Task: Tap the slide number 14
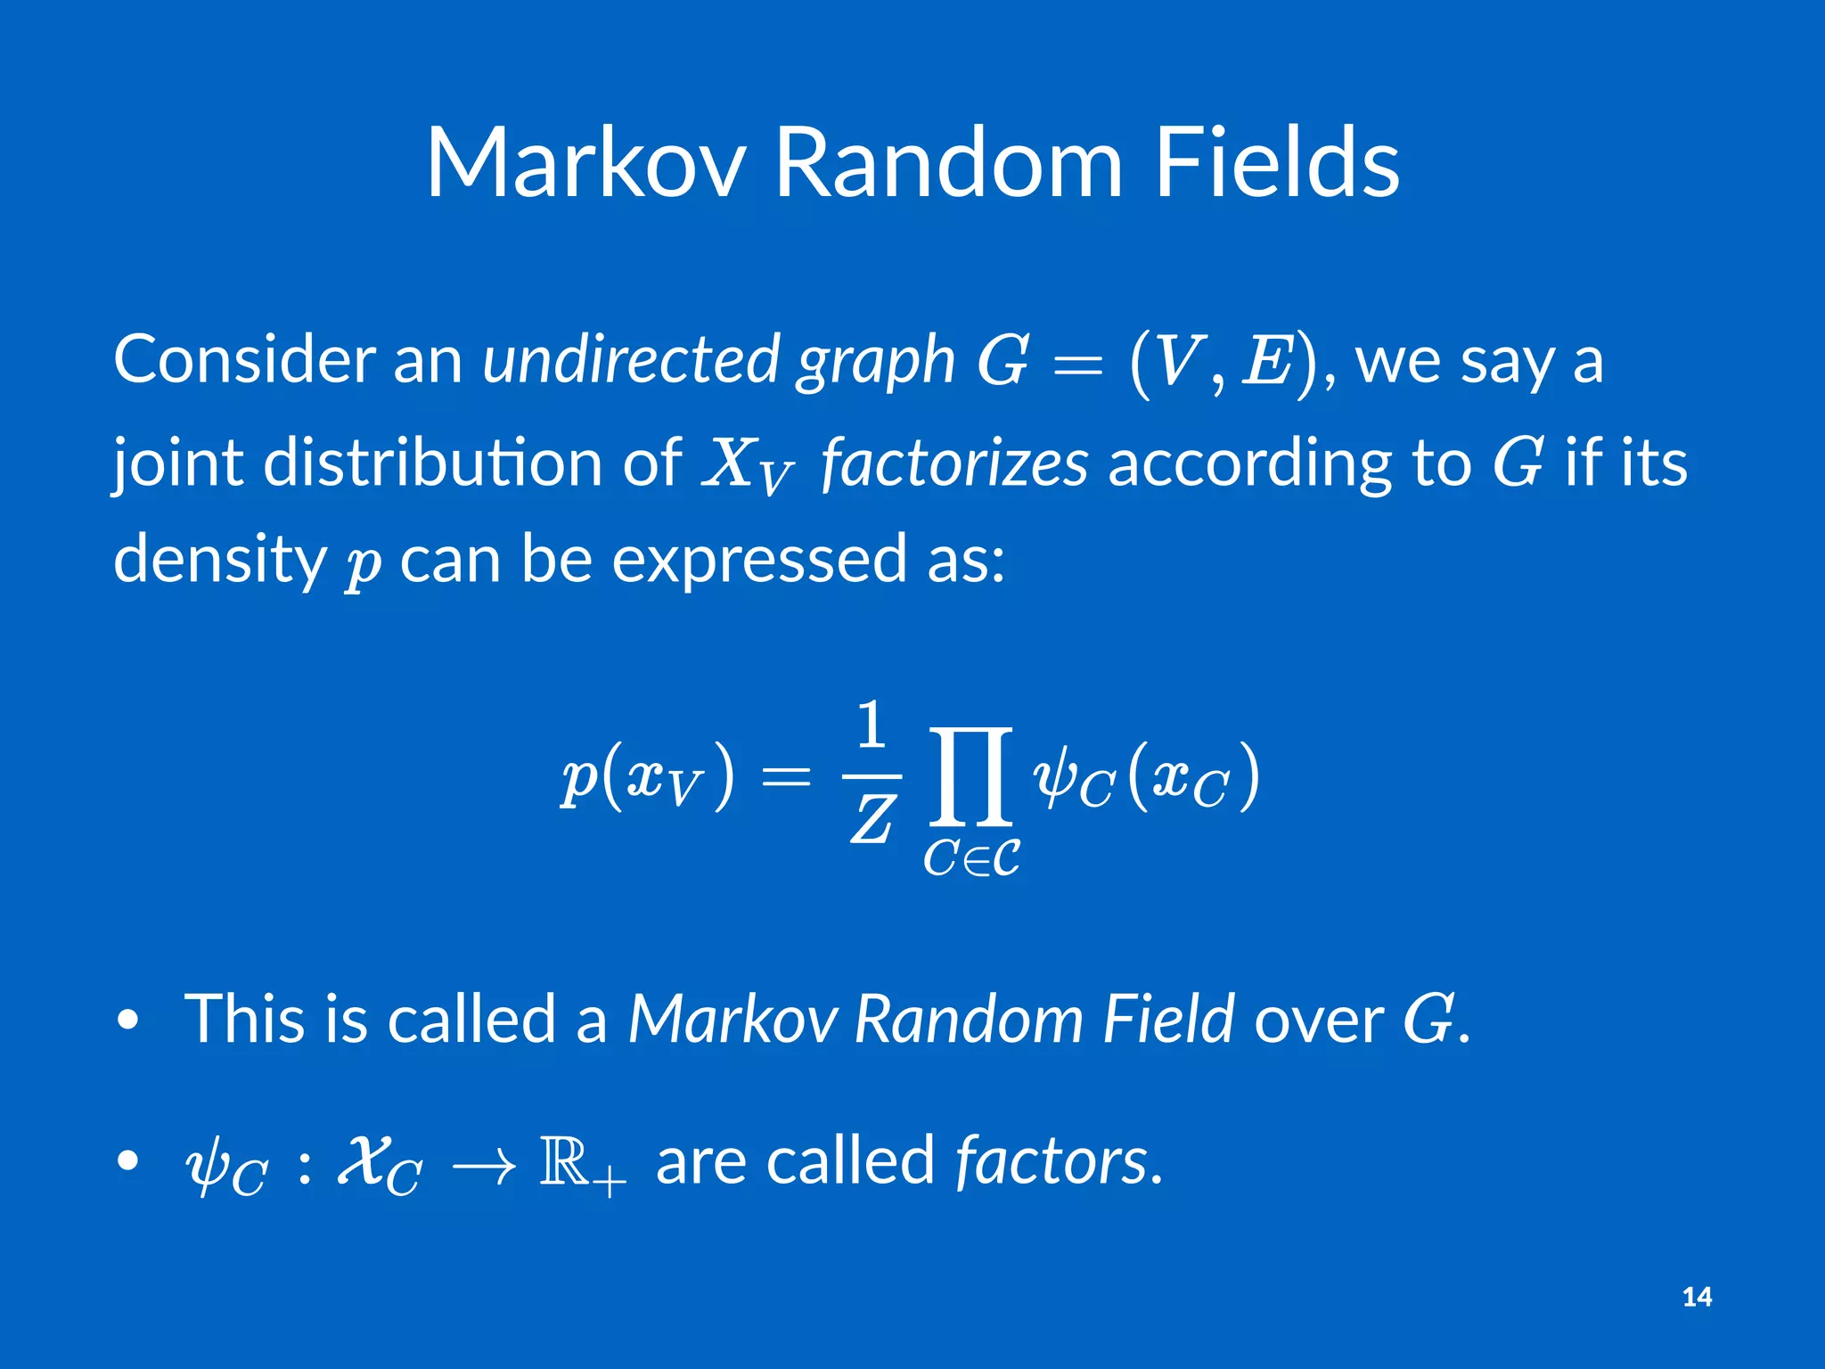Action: (x=1697, y=1297)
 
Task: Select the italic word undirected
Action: (x=631, y=359)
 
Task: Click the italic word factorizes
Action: (x=954, y=463)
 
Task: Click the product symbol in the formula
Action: (x=970, y=775)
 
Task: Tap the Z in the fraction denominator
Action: (x=872, y=820)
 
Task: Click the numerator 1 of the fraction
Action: (x=872, y=725)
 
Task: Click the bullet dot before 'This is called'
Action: (x=128, y=1020)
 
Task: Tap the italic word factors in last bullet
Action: (x=1052, y=1161)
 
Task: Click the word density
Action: (x=220, y=560)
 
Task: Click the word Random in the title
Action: (x=948, y=164)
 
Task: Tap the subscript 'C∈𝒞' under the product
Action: (x=971, y=859)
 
